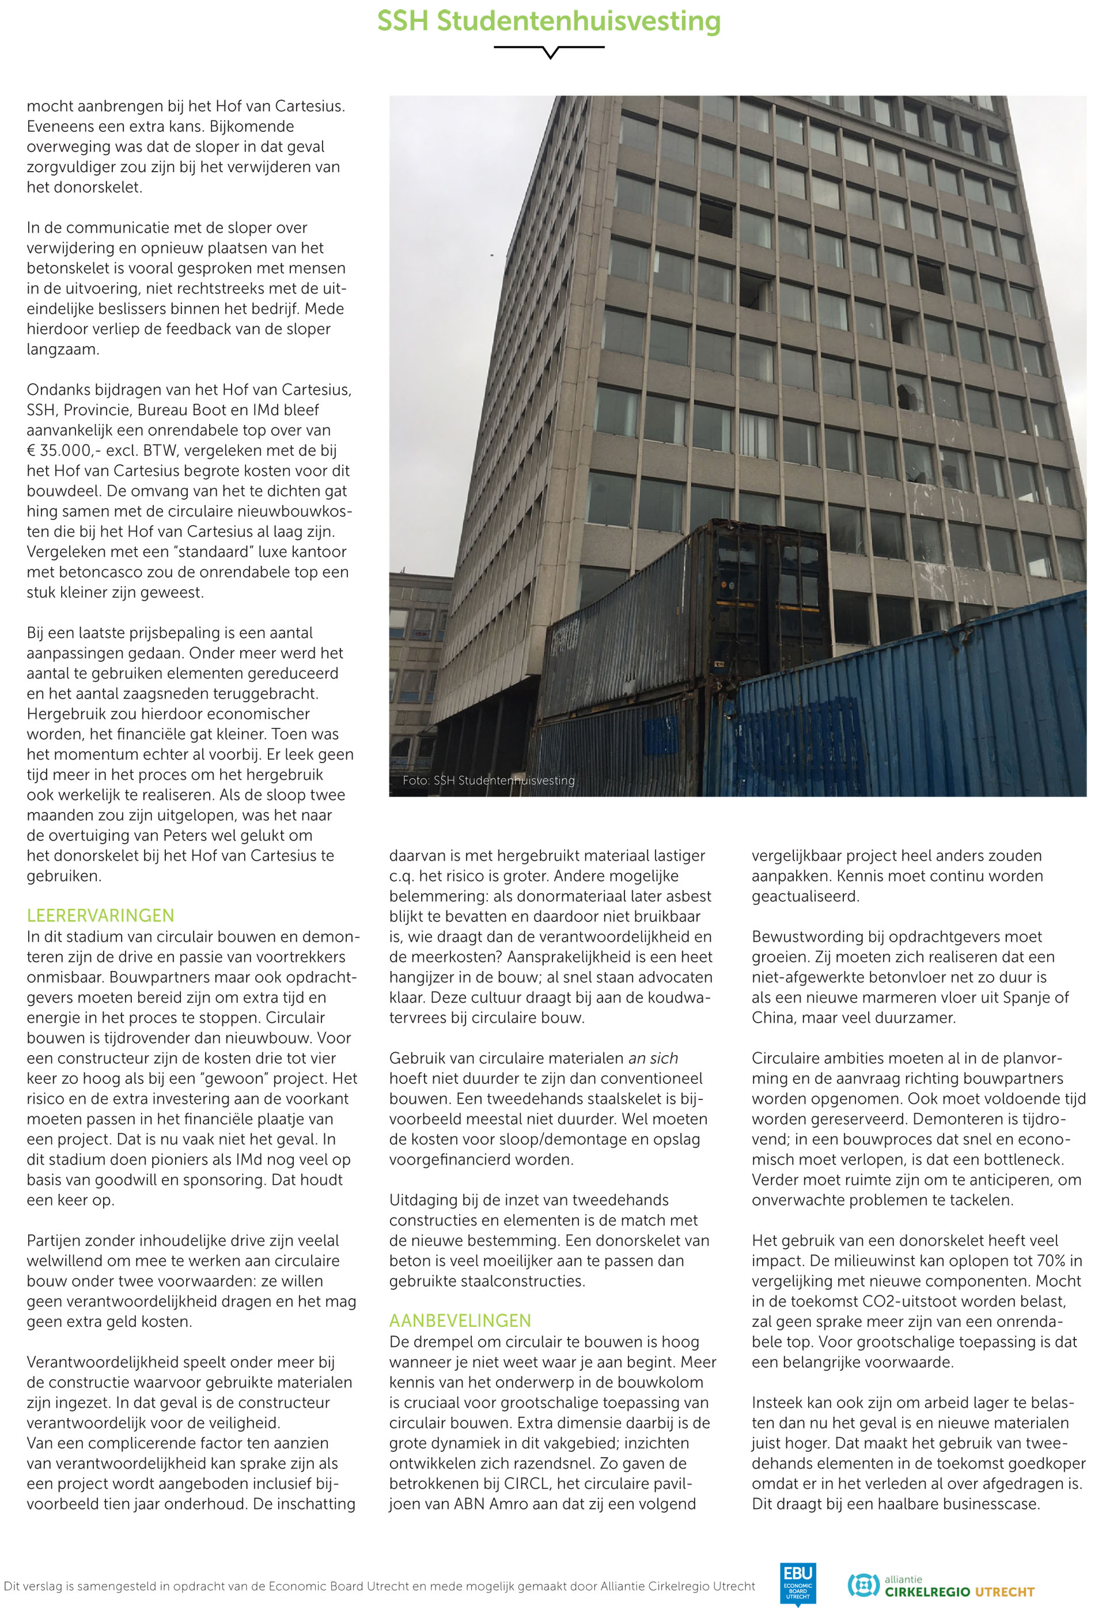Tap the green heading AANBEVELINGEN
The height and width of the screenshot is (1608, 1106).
(x=460, y=1321)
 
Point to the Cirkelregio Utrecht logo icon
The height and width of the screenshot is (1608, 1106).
(x=863, y=1584)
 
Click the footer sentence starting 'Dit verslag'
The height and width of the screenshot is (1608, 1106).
(x=379, y=1586)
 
